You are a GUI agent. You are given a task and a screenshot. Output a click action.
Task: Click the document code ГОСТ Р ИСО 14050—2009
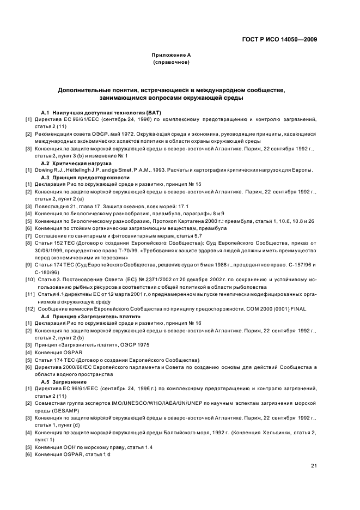click(279, 39)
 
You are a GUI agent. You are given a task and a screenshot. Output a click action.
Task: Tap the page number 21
click(314, 465)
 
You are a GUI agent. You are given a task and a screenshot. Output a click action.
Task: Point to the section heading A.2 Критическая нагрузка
click(76, 163)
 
